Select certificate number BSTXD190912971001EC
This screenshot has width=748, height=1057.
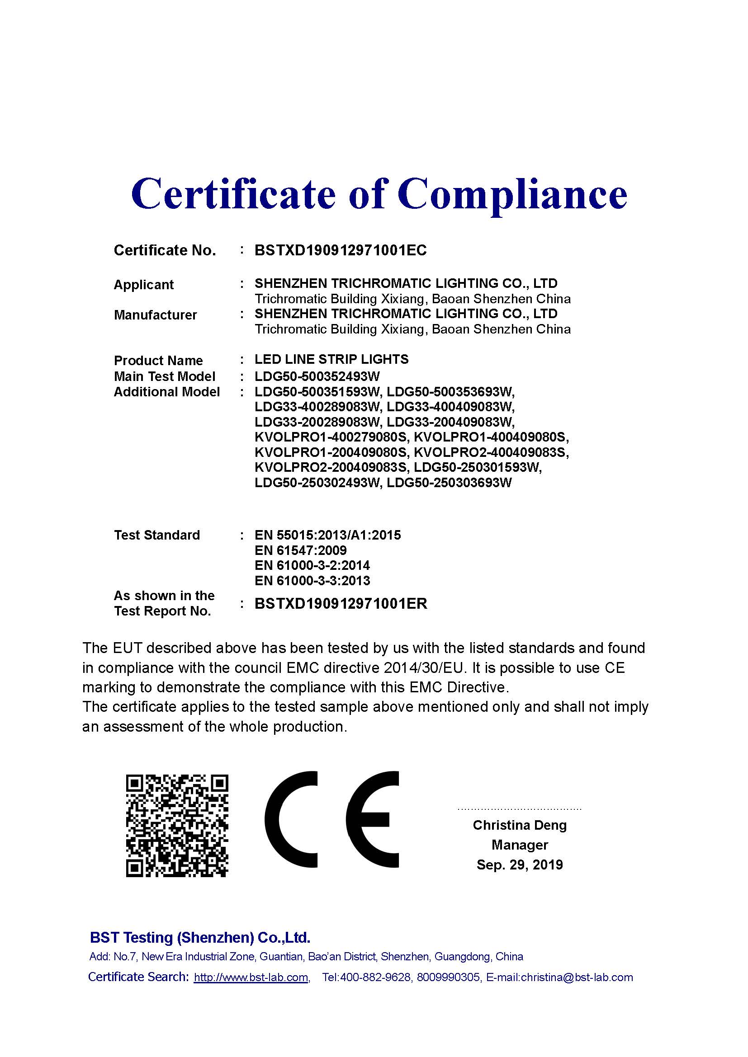[341, 250]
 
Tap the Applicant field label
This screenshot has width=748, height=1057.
[143, 285]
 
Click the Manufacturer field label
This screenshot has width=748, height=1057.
[155, 315]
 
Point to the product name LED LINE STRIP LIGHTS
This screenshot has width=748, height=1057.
[331, 359]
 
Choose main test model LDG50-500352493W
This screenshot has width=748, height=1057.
[317, 376]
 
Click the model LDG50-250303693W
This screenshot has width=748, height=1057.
[449, 483]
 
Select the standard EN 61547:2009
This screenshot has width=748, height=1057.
[300, 550]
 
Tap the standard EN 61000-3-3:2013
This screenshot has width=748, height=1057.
[312, 581]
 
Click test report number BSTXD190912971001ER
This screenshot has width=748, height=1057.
[341, 604]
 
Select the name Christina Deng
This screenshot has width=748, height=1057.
[519, 825]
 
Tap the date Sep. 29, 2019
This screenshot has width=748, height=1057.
[519, 864]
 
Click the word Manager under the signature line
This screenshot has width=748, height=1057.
[519, 845]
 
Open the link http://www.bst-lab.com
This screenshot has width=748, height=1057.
[251, 977]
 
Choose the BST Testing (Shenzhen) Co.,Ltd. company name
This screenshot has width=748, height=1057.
[200, 937]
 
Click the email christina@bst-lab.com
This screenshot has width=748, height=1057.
[577, 977]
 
